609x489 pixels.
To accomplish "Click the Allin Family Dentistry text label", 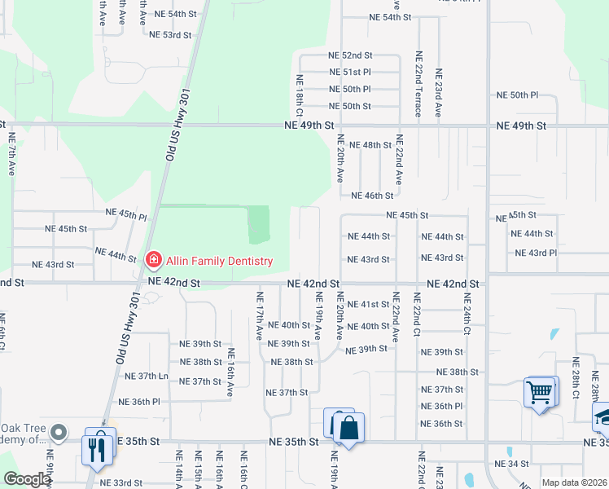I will click(219, 261).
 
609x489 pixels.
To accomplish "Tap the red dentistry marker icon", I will click(152, 260).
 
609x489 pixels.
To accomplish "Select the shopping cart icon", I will click(540, 393).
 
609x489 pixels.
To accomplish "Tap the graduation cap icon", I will click(603, 417).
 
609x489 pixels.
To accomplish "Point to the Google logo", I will click(26, 479).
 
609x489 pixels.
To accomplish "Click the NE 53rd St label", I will click(170, 35).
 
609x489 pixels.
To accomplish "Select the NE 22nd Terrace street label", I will click(418, 83).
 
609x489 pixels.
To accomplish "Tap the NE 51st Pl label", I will click(349, 73).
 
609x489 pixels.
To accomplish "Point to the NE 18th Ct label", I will click(300, 93).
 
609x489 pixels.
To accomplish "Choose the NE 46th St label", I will click(371, 196).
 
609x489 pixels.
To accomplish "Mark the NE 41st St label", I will click(368, 304).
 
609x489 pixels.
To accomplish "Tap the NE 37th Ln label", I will click(147, 376).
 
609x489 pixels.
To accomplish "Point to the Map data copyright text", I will click(575, 482).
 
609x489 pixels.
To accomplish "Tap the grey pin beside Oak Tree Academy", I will click(58, 431).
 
